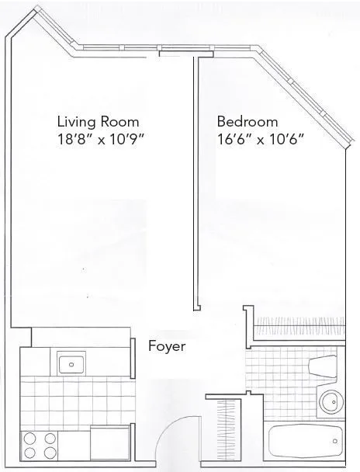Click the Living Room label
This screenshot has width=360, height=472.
coord(98,122)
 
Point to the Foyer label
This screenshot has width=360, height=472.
coord(167,346)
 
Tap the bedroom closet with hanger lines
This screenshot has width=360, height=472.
coord(298,324)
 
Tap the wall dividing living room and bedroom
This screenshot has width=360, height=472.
coord(194,186)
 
